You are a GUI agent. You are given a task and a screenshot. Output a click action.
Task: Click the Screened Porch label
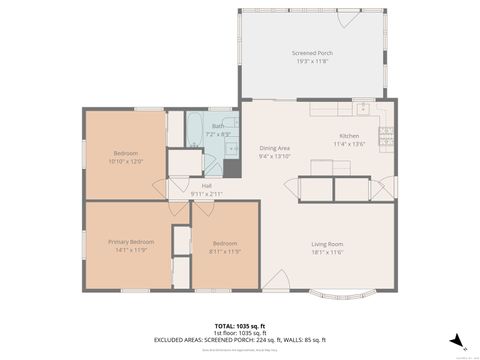pyautogui.click(x=312, y=53)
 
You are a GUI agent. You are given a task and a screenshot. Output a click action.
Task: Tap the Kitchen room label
pyautogui.click(x=349, y=135)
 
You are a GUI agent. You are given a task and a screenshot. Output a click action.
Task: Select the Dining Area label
pyautogui.click(x=274, y=148)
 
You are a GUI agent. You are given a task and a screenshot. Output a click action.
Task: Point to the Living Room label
pyautogui.click(x=327, y=244)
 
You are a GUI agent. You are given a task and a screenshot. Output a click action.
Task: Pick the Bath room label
pyautogui.click(x=218, y=126)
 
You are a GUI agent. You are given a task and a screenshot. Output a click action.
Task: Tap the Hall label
pyautogui.click(x=207, y=185)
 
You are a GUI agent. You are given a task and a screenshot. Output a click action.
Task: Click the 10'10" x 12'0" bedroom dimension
pyautogui.click(x=126, y=160)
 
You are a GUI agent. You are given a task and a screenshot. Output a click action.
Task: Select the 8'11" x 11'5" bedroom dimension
pyautogui.click(x=224, y=250)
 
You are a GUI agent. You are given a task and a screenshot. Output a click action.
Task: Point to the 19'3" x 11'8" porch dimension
pyautogui.click(x=312, y=60)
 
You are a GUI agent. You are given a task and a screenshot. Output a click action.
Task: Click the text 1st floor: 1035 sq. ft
pyautogui.click(x=240, y=332)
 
